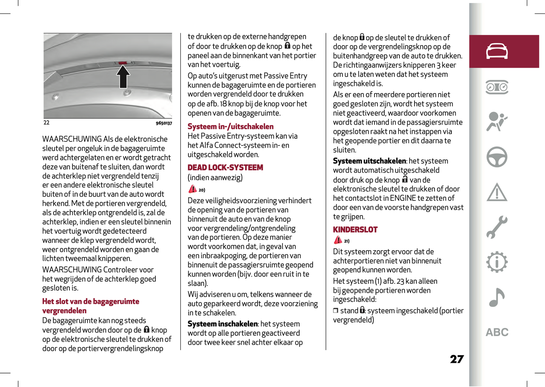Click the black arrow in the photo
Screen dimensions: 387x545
pos(123,76)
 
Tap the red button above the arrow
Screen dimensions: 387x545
pos(123,63)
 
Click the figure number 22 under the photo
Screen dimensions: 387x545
pos(46,122)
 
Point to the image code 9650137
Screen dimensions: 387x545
pos(164,123)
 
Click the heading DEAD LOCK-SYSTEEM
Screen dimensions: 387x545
pos(225,168)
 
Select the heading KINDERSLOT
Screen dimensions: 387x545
pos(355,230)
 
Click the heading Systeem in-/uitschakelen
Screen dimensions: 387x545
pos(230,127)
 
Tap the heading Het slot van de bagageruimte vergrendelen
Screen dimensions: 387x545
pos(91,306)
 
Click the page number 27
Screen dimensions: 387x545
pos(457,359)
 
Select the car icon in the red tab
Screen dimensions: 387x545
pos(497,51)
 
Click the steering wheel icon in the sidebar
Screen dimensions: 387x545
pos(497,157)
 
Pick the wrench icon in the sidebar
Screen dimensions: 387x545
pos(497,227)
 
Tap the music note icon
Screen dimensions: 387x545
pos(497,297)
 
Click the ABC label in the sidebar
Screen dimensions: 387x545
pos(497,332)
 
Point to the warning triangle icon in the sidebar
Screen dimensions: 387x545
pos(497,192)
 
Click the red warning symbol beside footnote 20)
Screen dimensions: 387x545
pos(193,189)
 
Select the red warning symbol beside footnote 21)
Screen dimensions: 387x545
pos(338,240)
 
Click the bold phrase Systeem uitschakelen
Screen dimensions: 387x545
pos(369,161)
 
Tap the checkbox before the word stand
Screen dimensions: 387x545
pos(336,311)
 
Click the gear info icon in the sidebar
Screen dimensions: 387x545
pos(497,262)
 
